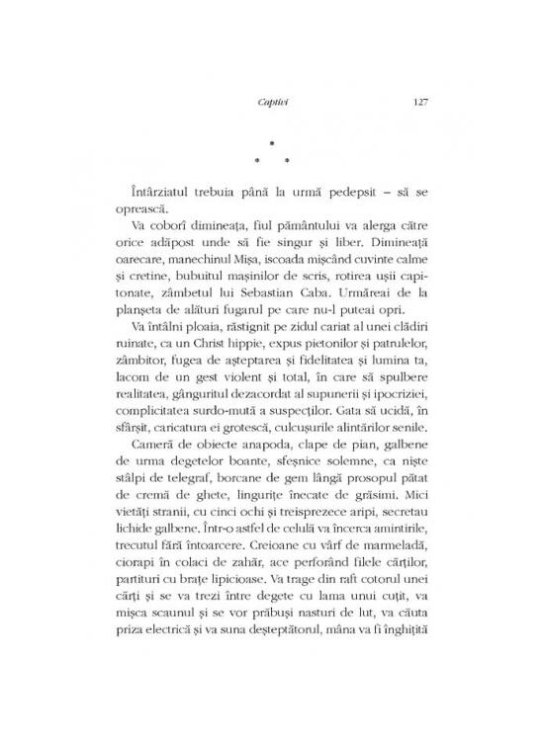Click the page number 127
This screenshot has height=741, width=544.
pos(415,101)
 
